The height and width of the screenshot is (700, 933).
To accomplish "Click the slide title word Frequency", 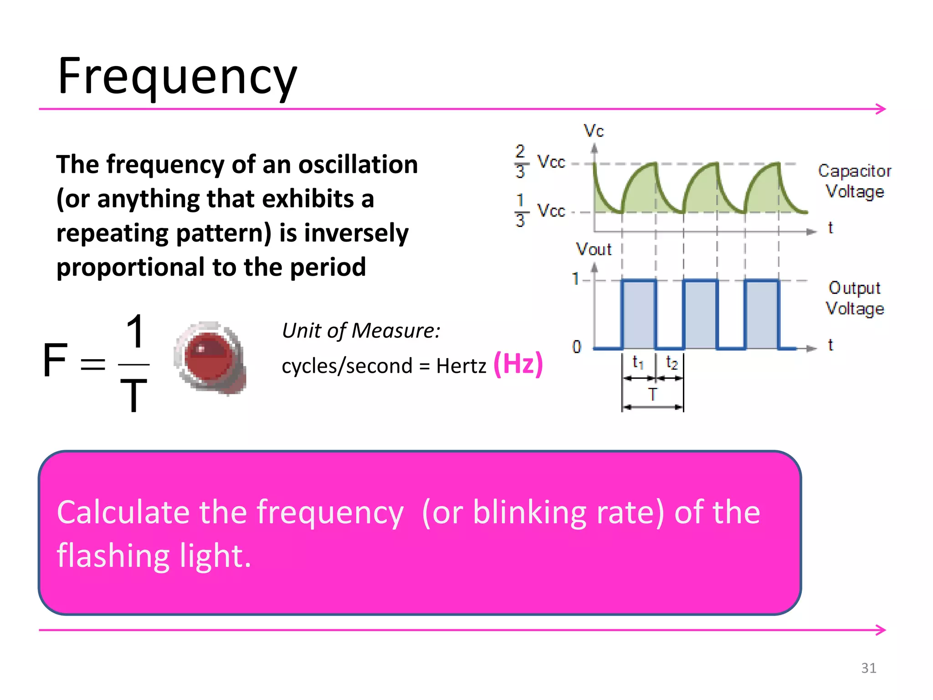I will point(177,77).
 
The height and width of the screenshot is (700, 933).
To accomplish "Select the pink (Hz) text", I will point(518,364).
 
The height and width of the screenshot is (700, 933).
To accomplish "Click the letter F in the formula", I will point(55,360).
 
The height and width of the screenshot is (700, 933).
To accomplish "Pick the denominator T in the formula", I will point(133,395).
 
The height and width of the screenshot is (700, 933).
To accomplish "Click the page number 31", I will point(868,668).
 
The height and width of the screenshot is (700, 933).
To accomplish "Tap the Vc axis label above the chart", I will point(594,131).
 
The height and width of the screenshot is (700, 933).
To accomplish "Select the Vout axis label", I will point(593,249).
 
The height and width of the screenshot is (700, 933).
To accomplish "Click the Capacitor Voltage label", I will point(854,181).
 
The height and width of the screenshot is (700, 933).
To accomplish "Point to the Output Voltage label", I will point(854,298).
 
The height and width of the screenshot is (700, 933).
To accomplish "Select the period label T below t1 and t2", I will point(652,394).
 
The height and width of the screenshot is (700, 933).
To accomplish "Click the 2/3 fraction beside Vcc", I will point(520,162).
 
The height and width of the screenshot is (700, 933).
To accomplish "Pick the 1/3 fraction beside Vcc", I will point(520,211).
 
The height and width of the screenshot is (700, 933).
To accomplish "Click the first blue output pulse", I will point(639,314).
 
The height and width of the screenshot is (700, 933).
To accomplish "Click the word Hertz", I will point(461,366).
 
